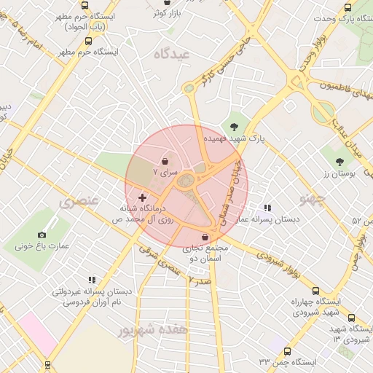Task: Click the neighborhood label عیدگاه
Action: coord(171,54)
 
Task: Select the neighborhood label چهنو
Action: coord(313,197)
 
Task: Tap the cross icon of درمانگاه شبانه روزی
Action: coord(142,197)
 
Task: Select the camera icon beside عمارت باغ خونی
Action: coord(42,235)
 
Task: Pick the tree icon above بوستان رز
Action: coord(340,161)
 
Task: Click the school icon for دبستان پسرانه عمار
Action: coord(267,208)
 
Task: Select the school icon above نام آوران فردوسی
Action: coord(92,280)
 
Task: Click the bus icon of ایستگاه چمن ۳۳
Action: coord(287,351)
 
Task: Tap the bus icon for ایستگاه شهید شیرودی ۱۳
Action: coord(352,318)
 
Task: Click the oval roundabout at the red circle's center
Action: coord(187,181)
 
